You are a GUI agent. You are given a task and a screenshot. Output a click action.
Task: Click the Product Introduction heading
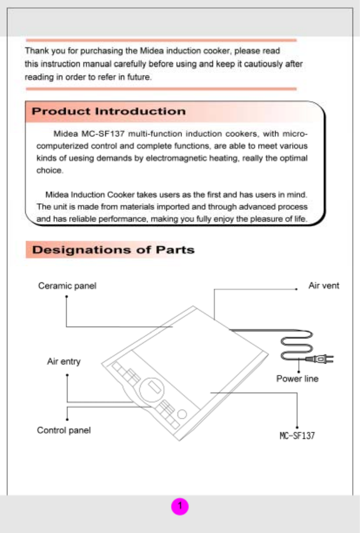point(109,111)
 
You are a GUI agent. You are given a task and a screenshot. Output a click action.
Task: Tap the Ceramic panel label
point(67,286)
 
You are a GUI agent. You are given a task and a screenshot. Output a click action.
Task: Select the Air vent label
point(323,285)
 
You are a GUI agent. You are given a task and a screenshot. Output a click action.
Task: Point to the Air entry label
point(63,361)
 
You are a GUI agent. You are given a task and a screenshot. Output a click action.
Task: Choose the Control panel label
point(63,430)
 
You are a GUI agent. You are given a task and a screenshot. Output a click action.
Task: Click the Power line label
point(297,379)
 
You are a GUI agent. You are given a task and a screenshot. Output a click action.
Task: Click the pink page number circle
point(180,506)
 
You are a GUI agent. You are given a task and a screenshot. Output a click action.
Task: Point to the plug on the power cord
point(321,359)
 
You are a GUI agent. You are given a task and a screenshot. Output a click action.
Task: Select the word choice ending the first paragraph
point(50,170)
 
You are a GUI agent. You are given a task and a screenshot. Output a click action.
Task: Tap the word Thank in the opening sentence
point(34,51)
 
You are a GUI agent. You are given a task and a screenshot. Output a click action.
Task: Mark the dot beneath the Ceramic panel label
point(66,297)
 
